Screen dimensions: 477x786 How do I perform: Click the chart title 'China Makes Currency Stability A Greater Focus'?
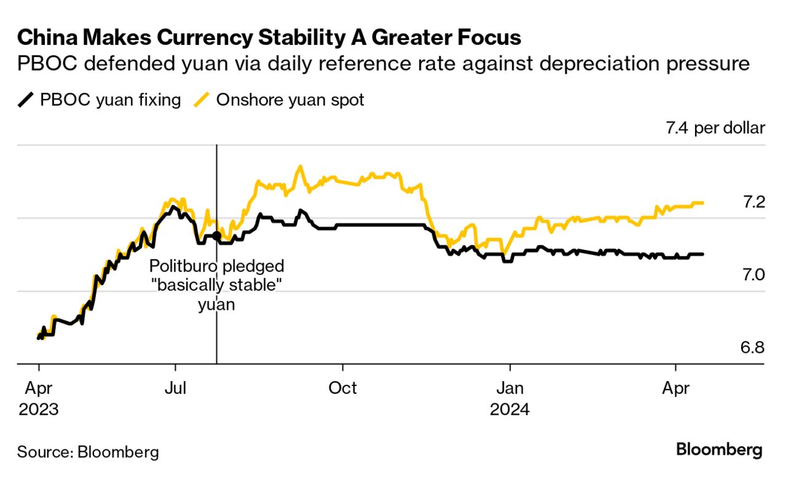[x=269, y=37]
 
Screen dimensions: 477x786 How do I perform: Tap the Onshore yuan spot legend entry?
[x=280, y=100]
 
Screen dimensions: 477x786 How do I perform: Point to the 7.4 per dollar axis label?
[x=715, y=128]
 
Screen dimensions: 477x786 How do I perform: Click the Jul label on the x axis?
[x=176, y=388]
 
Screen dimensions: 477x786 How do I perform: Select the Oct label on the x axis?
[x=342, y=388]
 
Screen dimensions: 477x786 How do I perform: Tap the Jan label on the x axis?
[x=509, y=388]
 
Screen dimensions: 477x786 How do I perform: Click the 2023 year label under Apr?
[x=38, y=409]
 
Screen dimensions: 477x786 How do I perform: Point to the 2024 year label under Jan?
[x=509, y=409]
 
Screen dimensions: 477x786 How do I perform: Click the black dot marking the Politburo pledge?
[x=216, y=235]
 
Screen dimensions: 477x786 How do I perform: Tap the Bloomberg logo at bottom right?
[x=719, y=450]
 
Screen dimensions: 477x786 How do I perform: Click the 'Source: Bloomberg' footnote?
[x=88, y=452]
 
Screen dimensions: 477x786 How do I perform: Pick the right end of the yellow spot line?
[x=702, y=203]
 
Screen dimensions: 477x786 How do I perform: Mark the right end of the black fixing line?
[x=702, y=254]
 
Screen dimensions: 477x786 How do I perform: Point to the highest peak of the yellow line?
[x=299, y=165]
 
